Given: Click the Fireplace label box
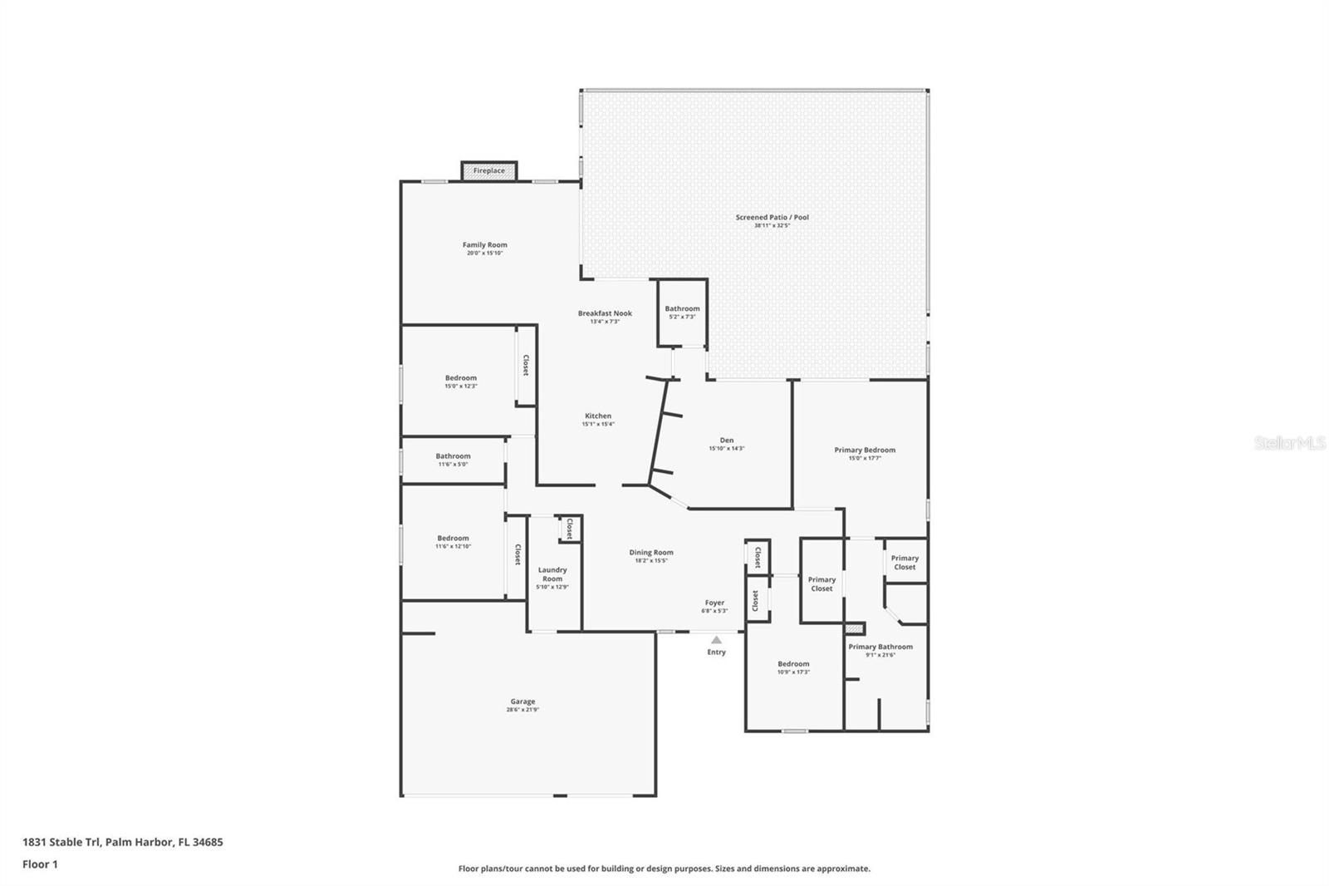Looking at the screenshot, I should pyautogui.click(x=489, y=170).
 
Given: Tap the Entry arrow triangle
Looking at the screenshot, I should pyautogui.click(x=716, y=639).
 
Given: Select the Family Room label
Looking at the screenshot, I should pyautogui.click(x=485, y=245).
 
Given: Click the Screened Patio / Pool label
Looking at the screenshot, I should pyautogui.click(x=772, y=218).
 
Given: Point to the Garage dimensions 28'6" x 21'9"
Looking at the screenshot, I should pyautogui.click(x=522, y=710).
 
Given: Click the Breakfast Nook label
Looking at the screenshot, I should pyautogui.click(x=605, y=313).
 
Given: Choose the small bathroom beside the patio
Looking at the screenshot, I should pyautogui.click(x=682, y=312).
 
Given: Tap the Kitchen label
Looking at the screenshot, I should pyautogui.click(x=598, y=416).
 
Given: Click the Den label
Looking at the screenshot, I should pyautogui.click(x=727, y=441).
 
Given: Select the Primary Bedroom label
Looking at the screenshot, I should pyautogui.click(x=865, y=450).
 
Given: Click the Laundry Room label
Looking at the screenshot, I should pyautogui.click(x=552, y=574).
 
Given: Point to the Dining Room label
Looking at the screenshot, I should pyautogui.click(x=651, y=553).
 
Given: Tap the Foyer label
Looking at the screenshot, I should pyautogui.click(x=714, y=603).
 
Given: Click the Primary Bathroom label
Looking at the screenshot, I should pyautogui.click(x=880, y=647).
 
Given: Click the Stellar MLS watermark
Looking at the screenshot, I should pyautogui.click(x=1289, y=444).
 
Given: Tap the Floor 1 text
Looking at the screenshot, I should pyautogui.click(x=40, y=864).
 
